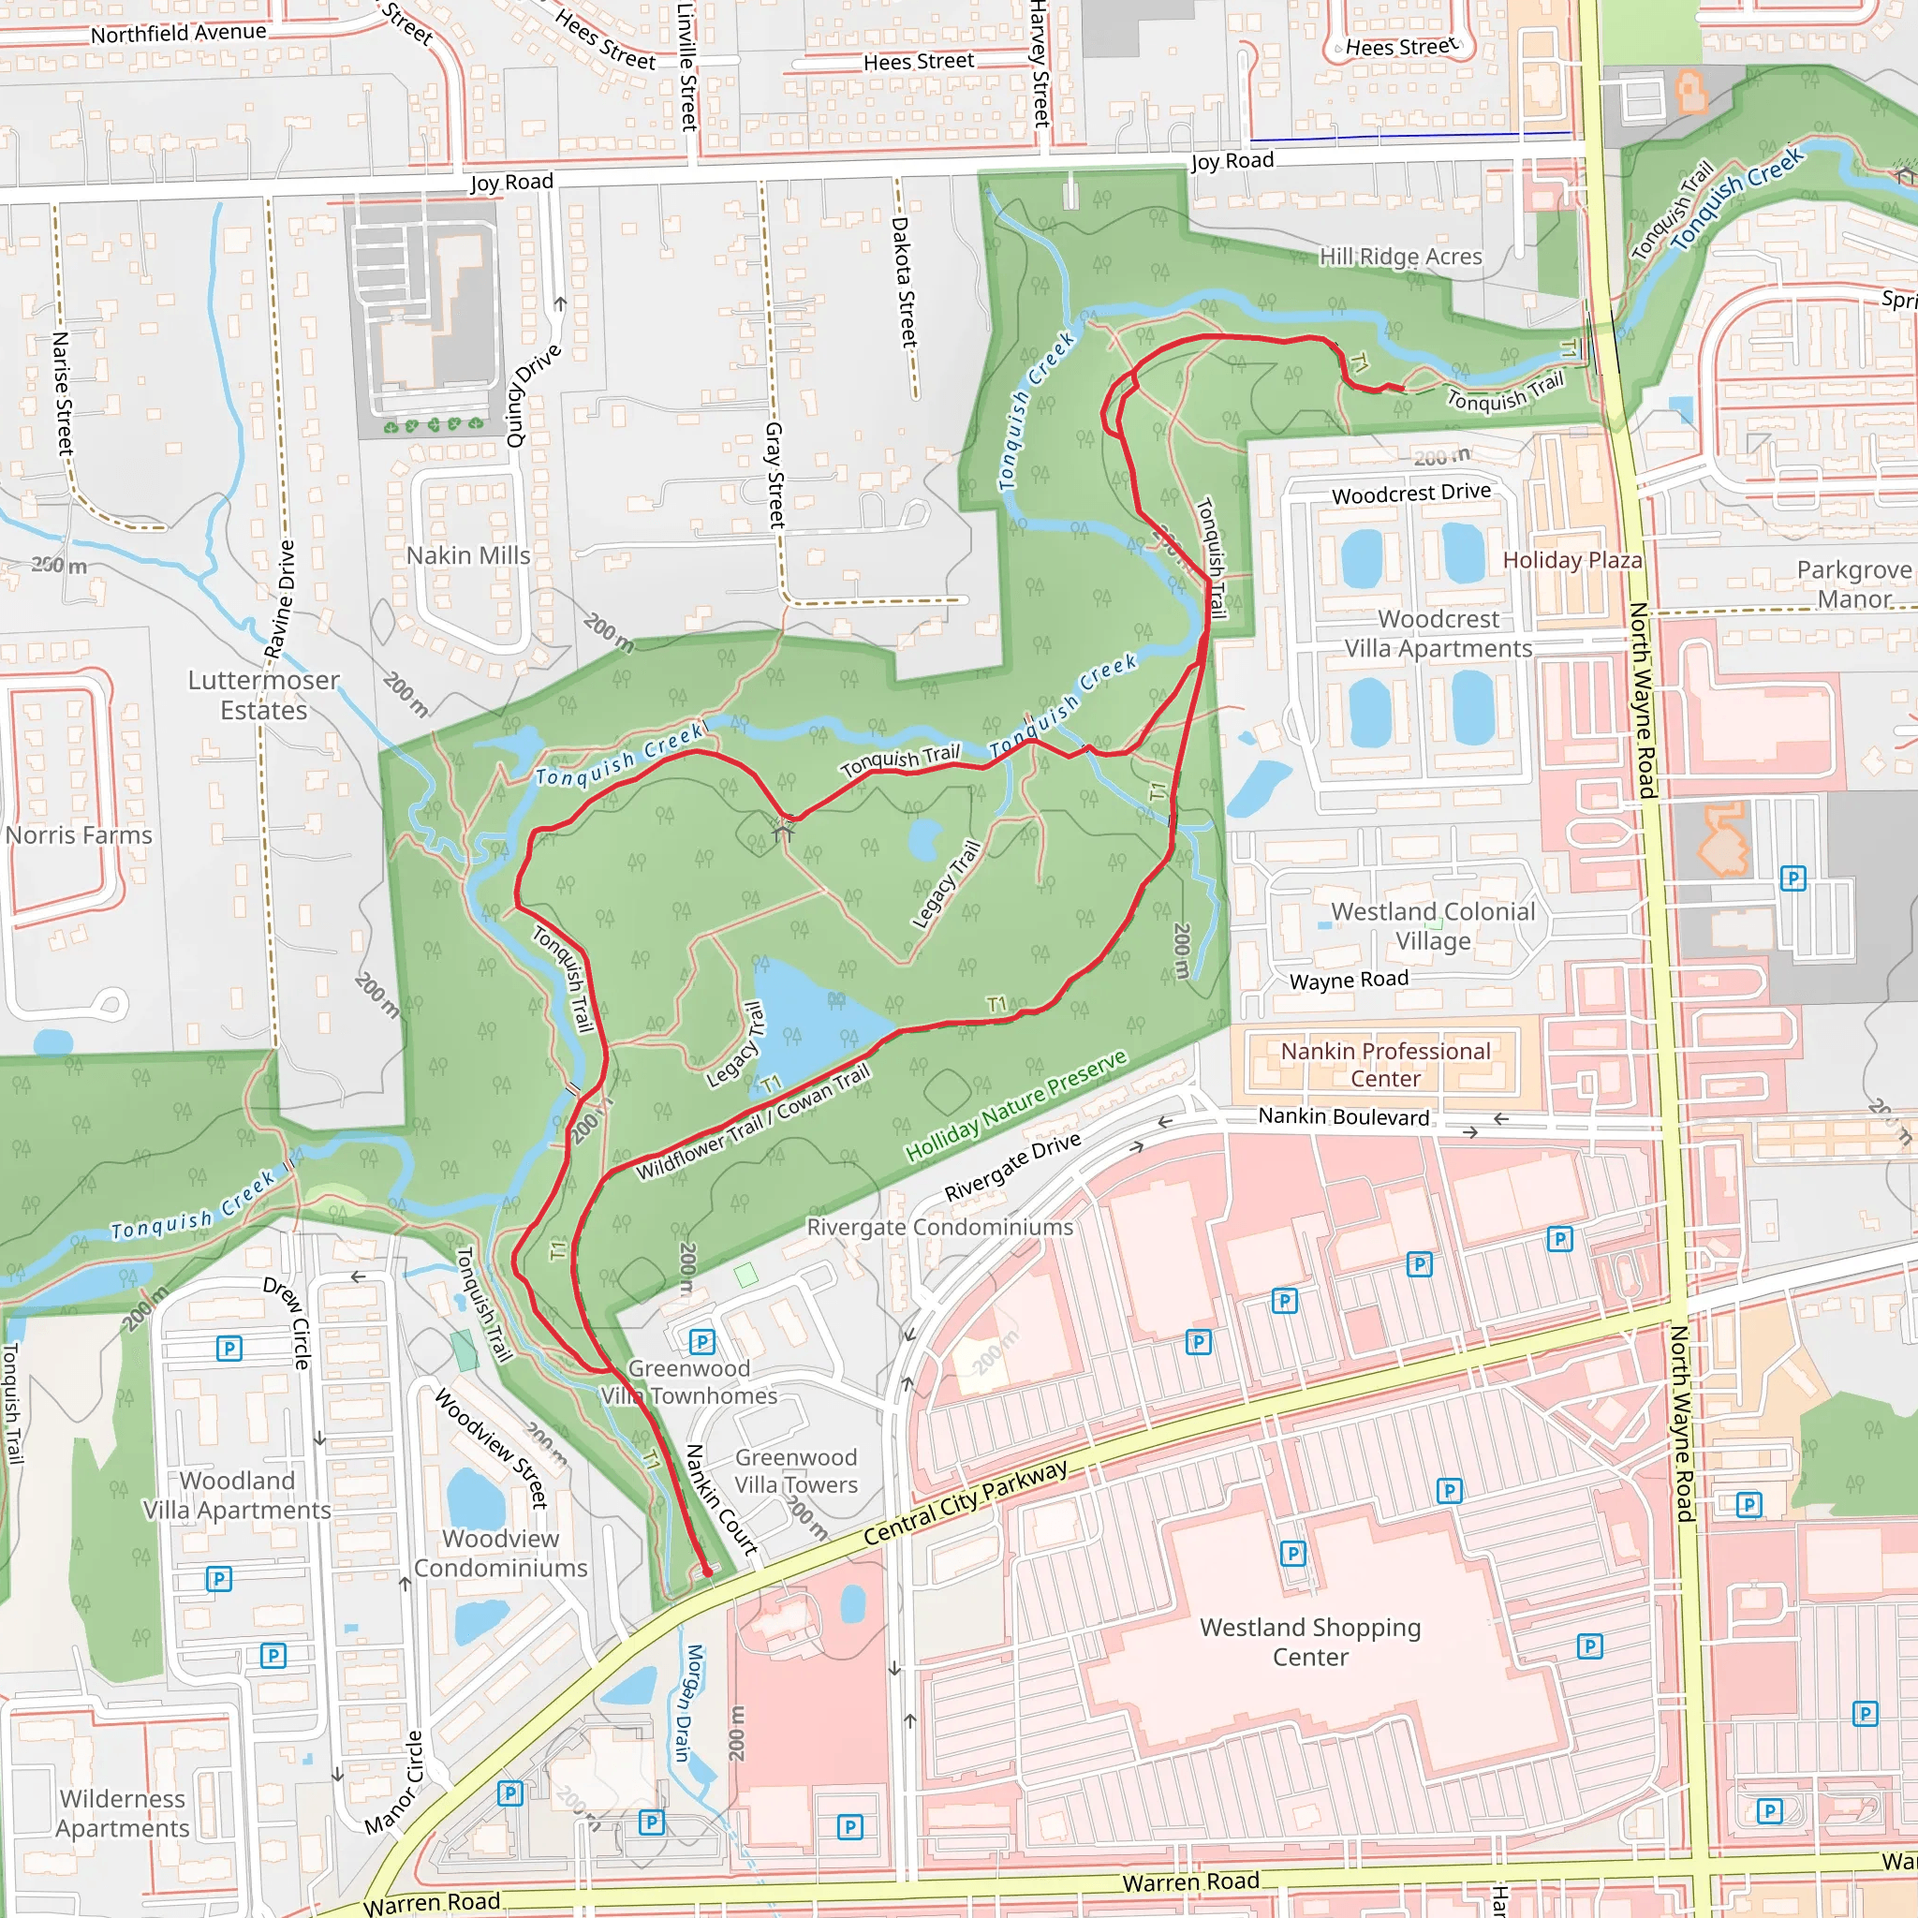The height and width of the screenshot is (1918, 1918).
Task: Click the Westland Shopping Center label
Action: pyautogui.click(x=1309, y=1642)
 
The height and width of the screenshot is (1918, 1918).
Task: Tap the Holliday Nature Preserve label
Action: pyautogui.click(x=1015, y=1105)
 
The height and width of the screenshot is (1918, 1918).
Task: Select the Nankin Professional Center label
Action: pyautogui.click(x=1385, y=1064)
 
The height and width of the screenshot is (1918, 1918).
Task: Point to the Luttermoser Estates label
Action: pyautogui.click(x=263, y=695)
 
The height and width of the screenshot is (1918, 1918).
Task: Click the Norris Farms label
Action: pyautogui.click(x=79, y=834)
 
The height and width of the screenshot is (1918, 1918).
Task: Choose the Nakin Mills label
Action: pyautogui.click(x=467, y=555)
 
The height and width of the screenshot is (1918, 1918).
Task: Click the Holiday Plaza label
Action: pyautogui.click(x=1571, y=560)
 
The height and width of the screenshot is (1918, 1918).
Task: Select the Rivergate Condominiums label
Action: pyautogui.click(x=939, y=1227)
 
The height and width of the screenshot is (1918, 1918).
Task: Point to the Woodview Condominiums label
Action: pyautogui.click(x=500, y=1553)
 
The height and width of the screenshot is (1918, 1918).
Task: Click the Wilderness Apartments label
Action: pyautogui.click(x=122, y=1813)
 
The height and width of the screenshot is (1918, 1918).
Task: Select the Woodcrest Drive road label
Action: pyautogui.click(x=1410, y=493)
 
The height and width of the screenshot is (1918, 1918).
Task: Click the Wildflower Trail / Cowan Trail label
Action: pyautogui.click(x=753, y=1122)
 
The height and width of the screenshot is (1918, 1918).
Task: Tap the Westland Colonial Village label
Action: pyautogui.click(x=1433, y=925)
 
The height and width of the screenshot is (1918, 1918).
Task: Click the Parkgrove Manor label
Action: pyautogui.click(x=1853, y=583)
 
